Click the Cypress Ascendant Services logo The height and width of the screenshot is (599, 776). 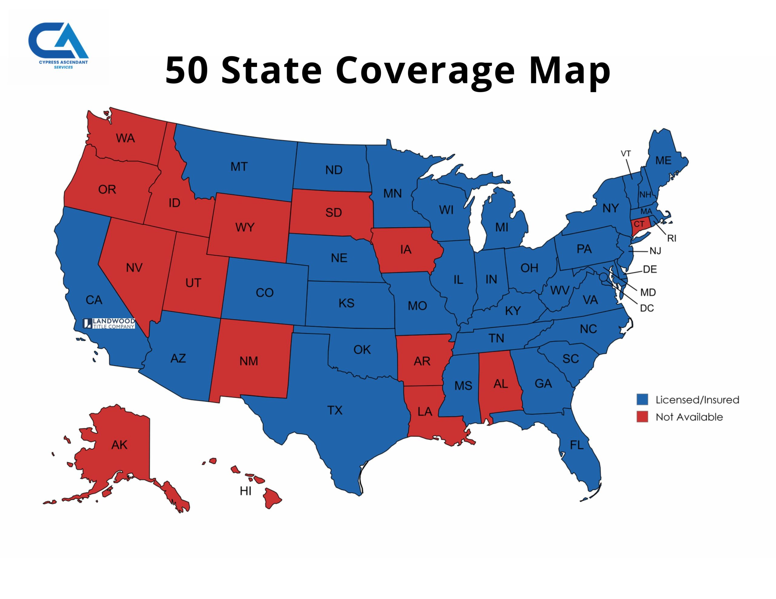click(59, 45)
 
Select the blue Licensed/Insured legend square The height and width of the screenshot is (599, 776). click(642, 399)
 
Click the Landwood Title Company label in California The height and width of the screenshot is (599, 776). click(109, 323)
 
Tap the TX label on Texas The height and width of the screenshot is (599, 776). click(335, 410)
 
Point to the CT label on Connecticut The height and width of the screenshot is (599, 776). click(639, 224)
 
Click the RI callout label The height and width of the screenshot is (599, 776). click(671, 238)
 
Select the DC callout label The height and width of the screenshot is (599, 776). click(647, 308)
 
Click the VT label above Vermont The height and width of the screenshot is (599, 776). click(626, 154)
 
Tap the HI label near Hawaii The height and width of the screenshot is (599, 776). click(246, 491)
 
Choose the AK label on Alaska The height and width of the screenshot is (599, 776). click(119, 445)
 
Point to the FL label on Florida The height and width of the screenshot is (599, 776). click(576, 445)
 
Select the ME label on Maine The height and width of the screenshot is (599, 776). click(663, 161)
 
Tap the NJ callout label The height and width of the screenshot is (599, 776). click(655, 251)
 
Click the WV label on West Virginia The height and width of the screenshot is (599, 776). click(560, 290)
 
